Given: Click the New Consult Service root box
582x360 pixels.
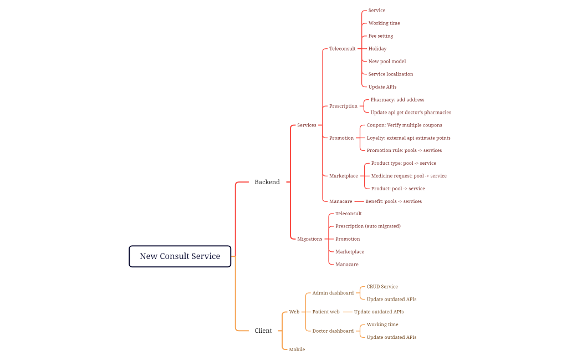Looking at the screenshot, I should click(x=180, y=256).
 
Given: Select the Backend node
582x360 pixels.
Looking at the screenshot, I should click(x=267, y=182).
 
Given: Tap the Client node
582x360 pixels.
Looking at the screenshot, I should click(x=263, y=331).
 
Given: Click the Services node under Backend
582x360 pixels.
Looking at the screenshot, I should click(x=307, y=125).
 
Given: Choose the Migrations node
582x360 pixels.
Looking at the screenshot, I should click(x=309, y=239).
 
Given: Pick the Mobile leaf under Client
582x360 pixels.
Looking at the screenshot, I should click(x=297, y=349).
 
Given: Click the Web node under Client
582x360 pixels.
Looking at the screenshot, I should click(x=294, y=312).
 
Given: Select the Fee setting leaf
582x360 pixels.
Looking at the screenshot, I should click(x=381, y=36).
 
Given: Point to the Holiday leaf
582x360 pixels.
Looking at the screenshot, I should click(x=377, y=49).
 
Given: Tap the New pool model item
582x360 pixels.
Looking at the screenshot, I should click(x=387, y=62).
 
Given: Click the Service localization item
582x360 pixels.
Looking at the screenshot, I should click(x=391, y=74).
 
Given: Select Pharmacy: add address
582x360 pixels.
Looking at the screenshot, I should click(x=397, y=100).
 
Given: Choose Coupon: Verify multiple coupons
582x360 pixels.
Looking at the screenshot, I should click(x=404, y=125).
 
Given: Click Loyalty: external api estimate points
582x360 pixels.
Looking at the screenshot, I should click(x=409, y=138).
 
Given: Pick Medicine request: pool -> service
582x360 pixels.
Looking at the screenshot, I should click(x=409, y=176).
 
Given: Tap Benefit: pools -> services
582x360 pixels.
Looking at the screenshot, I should click(x=394, y=201).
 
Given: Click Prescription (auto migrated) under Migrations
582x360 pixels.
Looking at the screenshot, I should click(x=367, y=226).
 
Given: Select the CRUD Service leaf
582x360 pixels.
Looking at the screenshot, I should click(x=382, y=287).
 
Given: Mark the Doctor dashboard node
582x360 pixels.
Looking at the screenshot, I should click(x=333, y=331).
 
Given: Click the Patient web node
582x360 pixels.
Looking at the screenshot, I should click(x=326, y=312).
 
